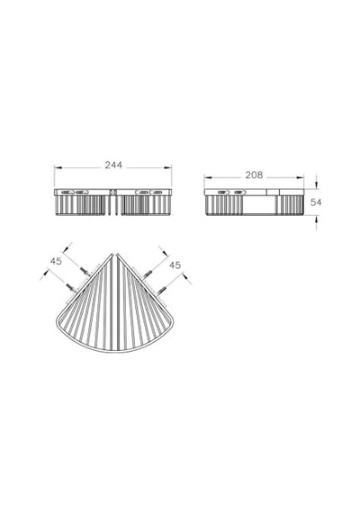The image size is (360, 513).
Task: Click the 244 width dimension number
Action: pos(113,165)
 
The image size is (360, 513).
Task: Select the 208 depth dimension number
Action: pos(254,175)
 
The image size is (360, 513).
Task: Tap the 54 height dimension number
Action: pos(316,202)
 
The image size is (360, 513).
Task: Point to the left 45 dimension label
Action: pos(56,261)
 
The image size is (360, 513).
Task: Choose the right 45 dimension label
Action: pos(175,265)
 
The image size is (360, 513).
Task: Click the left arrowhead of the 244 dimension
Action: pos(58,167)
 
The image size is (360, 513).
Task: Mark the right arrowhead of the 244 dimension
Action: pos(168,167)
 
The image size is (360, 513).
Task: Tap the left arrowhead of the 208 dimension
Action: pos(208,177)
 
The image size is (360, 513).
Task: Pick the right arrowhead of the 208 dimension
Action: pos(300,177)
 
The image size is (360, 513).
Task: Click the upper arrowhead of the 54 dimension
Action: pos(316,185)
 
